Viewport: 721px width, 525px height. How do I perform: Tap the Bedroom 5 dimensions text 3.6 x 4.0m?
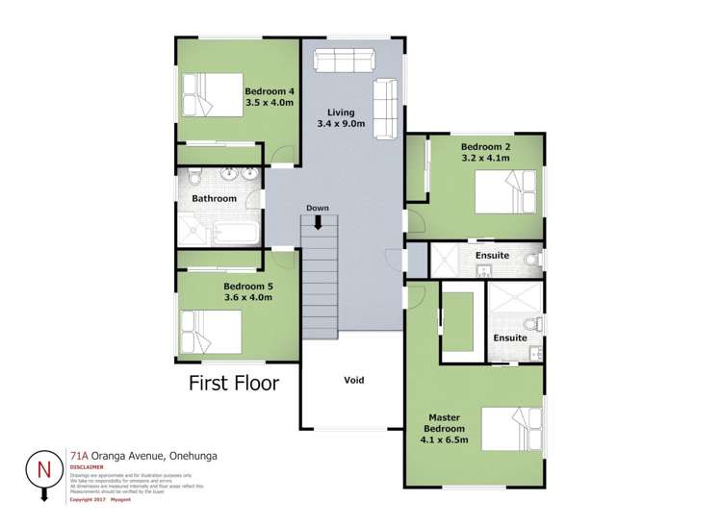tap(247, 298)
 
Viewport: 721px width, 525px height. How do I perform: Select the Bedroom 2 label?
tap(486, 146)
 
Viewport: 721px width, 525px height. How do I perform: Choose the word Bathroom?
tap(214, 199)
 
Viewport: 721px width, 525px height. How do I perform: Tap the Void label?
tap(354, 380)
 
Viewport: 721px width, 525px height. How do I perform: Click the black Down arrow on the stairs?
tap(319, 222)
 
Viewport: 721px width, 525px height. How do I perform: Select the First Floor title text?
tap(233, 384)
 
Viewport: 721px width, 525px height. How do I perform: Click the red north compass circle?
tap(43, 468)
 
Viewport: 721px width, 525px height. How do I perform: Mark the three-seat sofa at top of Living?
tap(344, 62)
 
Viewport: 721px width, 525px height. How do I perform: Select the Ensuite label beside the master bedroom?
tap(509, 337)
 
